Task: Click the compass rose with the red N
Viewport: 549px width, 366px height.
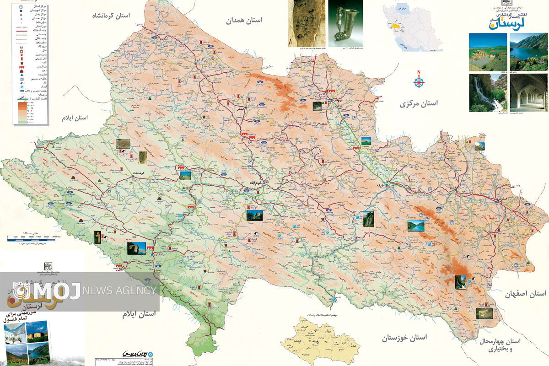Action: tap(419, 82)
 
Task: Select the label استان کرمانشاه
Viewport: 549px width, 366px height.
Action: tap(111, 16)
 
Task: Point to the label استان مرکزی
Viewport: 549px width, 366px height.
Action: tap(419, 103)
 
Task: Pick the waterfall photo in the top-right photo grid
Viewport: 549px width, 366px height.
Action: tap(488, 93)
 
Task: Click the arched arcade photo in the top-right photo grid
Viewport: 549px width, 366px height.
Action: tap(528, 93)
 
